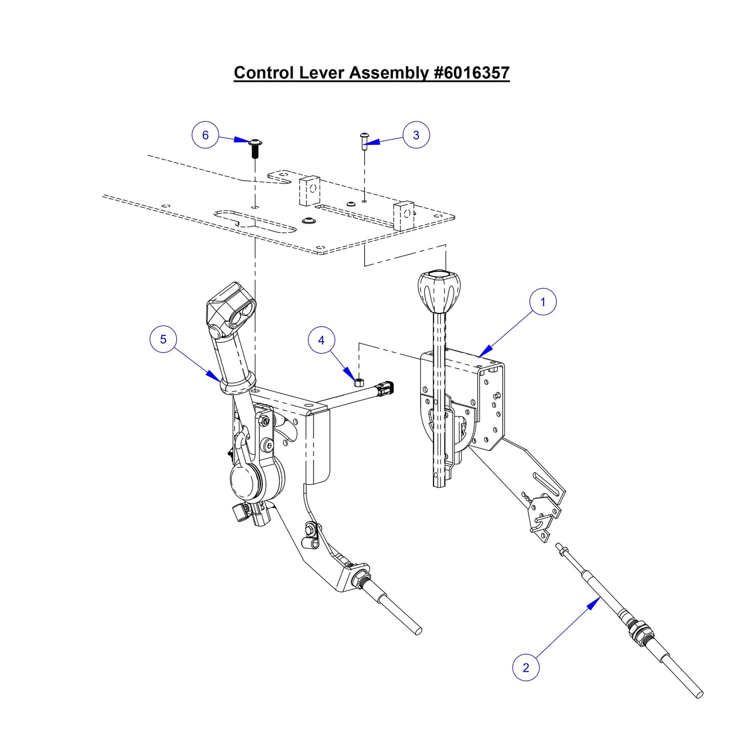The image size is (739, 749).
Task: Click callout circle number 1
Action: [x=543, y=302]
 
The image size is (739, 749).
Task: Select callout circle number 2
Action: [x=526, y=668]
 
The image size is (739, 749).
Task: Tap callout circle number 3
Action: [x=416, y=135]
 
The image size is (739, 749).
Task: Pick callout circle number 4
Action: [x=321, y=340]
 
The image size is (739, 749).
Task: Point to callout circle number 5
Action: [x=163, y=339]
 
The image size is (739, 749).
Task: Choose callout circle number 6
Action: [x=205, y=135]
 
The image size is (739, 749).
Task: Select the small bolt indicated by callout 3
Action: [x=364, y=140]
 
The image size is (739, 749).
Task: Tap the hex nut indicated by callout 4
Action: [x=359, y=381]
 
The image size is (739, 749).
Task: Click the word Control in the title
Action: [x=264, y=73]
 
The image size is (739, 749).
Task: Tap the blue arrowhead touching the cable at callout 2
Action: [x=594, y=604]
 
